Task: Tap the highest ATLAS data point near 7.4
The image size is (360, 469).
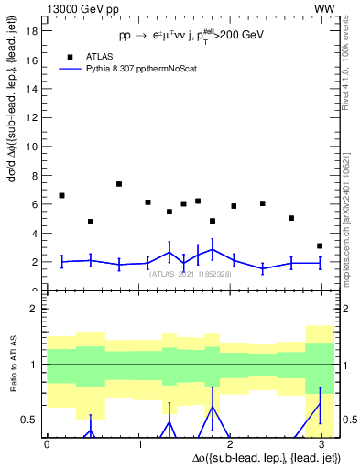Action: click(x=119, y=184)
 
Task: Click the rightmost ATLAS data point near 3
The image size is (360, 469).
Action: click(x=320, y=245)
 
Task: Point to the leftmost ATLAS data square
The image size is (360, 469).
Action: click(x=61, y=195)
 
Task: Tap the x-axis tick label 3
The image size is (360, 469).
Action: click(x=320, y=443)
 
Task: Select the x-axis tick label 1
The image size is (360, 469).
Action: click(x=137, y=443)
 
